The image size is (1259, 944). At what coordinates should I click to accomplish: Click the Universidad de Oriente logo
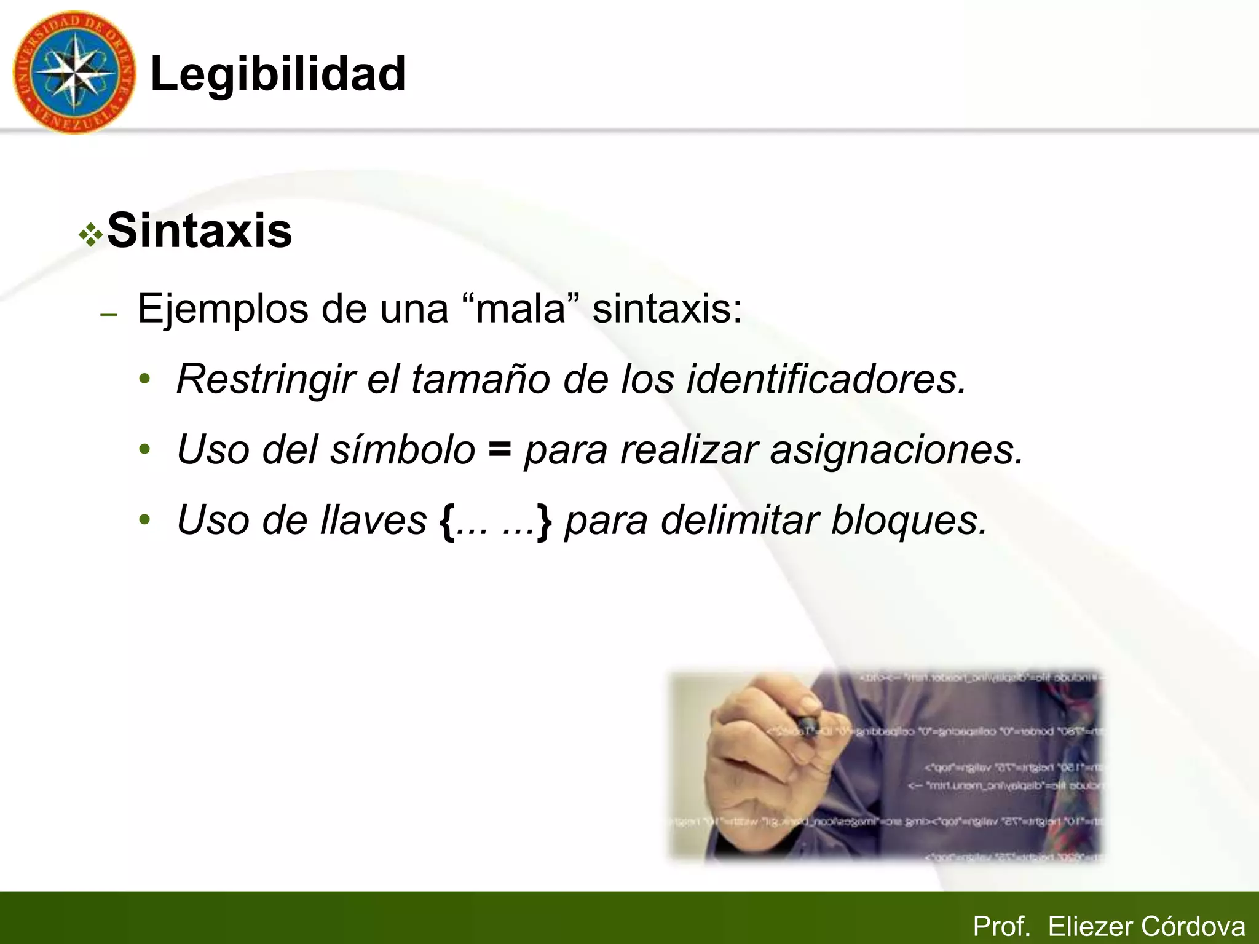tap(74, 73)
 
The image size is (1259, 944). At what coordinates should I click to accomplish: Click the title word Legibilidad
tap(278, 74)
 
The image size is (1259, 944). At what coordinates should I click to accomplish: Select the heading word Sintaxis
tap(200, 230)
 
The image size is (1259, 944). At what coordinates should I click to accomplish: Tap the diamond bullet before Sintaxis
tap(91, 235)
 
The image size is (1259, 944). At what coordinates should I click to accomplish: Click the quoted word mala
tap(520, 309)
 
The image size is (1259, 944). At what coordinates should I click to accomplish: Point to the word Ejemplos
tap(223, 309)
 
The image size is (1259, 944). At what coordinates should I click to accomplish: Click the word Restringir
tap(266, 379)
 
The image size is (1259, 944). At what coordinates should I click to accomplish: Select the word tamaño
tap(480, 379)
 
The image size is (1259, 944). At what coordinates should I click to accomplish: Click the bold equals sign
tap(499, 450)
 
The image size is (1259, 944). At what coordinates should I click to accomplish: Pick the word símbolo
tap(403, 450)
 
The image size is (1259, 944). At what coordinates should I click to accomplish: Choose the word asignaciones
tap(896, 450)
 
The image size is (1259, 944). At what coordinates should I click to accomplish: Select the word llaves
tap(373, 521)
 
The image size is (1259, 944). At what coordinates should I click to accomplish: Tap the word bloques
tap(909, 521)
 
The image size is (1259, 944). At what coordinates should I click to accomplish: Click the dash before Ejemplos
tap(109, 315)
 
